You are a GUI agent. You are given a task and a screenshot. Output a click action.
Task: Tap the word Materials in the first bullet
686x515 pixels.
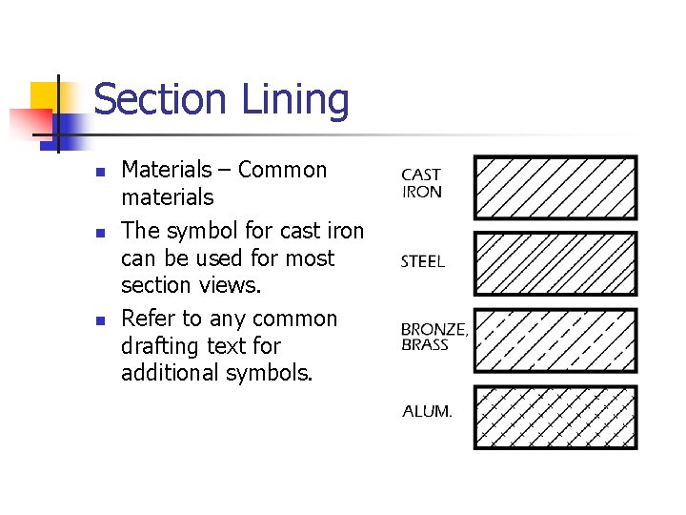coord(167,170)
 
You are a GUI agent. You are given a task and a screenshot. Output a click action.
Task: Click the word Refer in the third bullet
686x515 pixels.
coord(147,319)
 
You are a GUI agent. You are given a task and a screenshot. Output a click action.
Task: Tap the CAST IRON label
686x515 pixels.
coord(421,183)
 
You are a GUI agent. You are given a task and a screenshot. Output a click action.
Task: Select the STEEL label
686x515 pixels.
coord(422,261)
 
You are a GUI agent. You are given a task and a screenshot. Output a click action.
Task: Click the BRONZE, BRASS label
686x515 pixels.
coord(434,337)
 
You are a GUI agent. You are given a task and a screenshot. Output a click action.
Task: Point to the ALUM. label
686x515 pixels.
coord(427,412)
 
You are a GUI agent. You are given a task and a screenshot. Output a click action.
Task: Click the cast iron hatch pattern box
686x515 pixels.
coord(555,188)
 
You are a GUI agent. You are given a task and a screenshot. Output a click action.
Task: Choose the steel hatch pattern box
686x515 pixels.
coord(555,263)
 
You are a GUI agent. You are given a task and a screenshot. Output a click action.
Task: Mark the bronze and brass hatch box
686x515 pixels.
coord(555,340)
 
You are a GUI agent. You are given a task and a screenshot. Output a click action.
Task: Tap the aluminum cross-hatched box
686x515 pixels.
coord(555,416)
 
